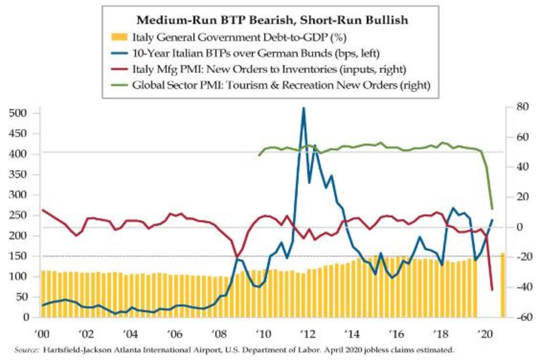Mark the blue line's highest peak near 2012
pyautogui.click(x=303, y=108)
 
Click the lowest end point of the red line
pyautogui.click(x=492, y=290)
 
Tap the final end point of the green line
pyautogui.click(x=492, y=209)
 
